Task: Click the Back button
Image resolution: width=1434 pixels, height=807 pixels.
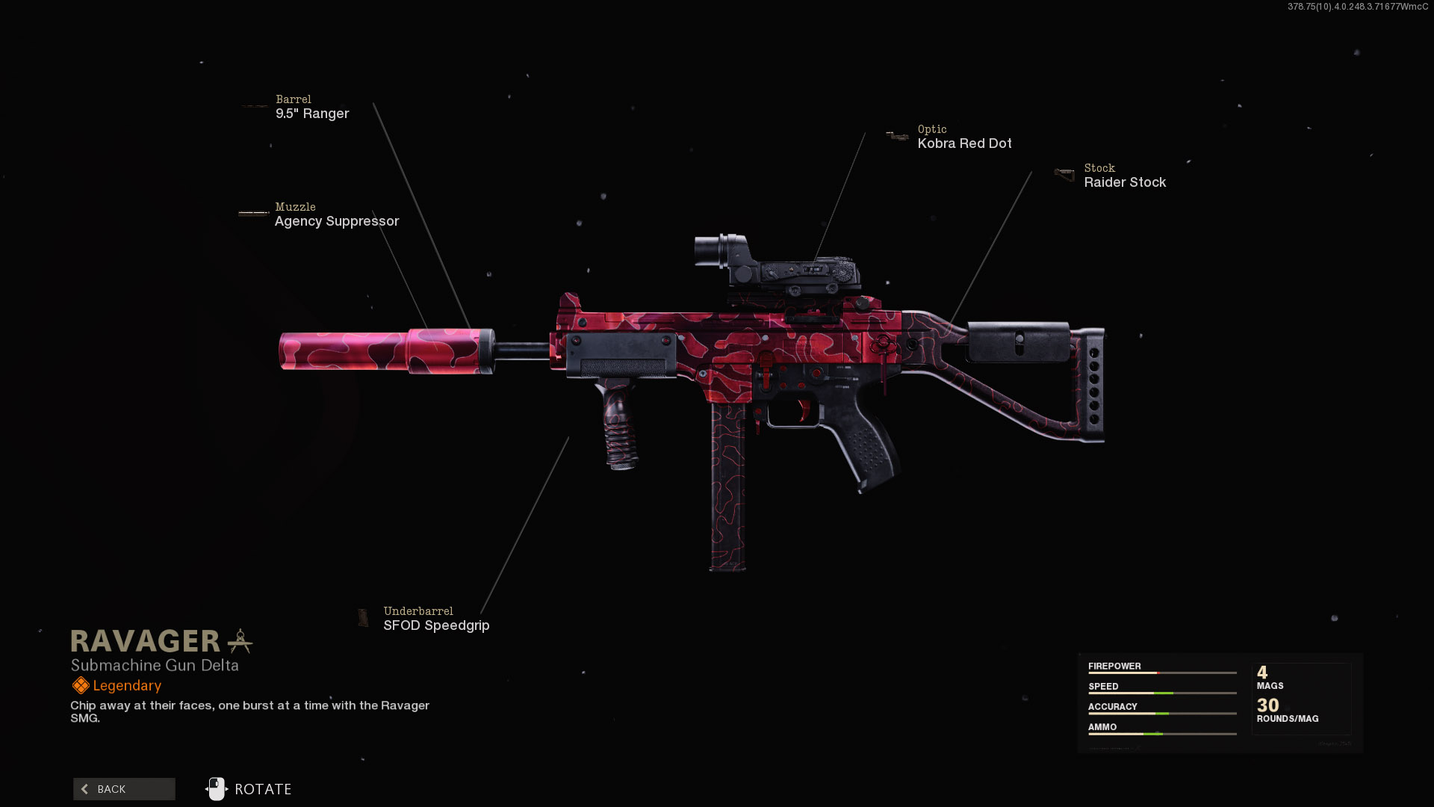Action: click(x=124, y=789)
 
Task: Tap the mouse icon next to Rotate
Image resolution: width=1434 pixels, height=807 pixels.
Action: click(x=216, y=789)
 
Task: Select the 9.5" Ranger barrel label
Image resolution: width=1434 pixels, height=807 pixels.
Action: click(x=312, y=114)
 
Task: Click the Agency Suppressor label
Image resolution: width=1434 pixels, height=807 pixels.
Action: click(x=337, y=221)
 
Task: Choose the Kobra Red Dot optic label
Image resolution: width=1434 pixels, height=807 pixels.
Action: click(x=964, y=143)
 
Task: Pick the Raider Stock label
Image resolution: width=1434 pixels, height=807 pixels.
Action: click(x=1125, y=182)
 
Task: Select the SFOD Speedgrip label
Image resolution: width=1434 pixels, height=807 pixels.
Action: click(x=436, y=625)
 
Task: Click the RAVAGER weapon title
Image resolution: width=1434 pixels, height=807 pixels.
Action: click(x=146, y=641)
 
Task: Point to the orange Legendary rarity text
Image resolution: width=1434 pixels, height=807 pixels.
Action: click(x=127, y=686)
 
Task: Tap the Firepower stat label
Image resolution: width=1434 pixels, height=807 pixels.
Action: click(x=1114, y=666)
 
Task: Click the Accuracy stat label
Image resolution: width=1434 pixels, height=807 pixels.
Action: click(x=1112, y=706)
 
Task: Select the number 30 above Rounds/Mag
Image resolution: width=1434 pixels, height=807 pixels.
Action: click(x=1267, y=705)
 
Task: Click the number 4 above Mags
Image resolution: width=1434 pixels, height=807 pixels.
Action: click(x=1262, y=672)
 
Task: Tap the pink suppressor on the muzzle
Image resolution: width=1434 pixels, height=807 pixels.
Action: click(x=381, y=350)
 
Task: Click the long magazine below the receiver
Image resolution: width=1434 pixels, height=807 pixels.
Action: click(x=727, y=486)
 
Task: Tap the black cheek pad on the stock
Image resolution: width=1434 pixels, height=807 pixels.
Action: click(x=1019, y=341)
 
